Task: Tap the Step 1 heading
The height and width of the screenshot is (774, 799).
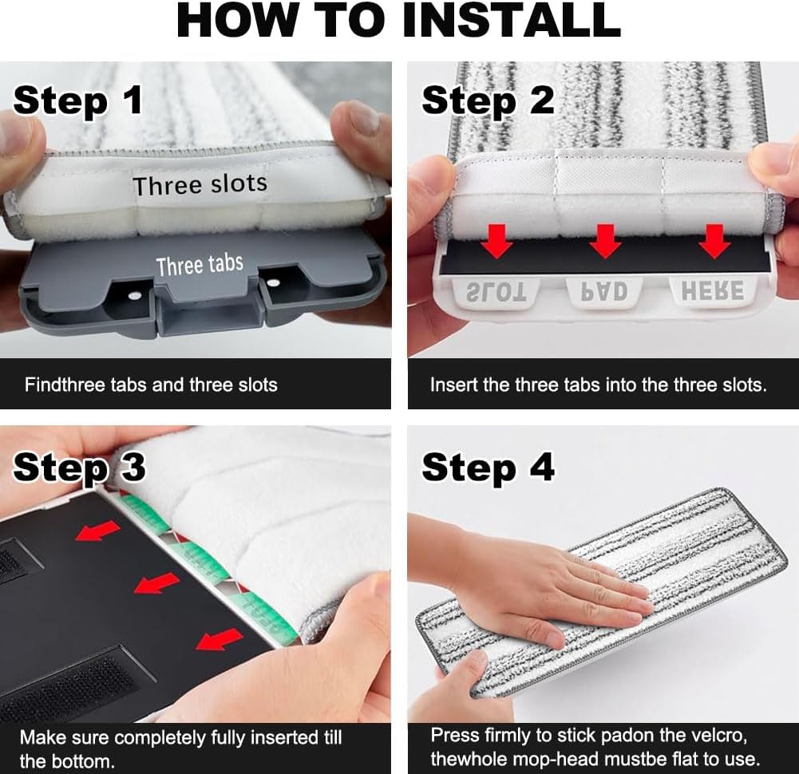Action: (78, 101)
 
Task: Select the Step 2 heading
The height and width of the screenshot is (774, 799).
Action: (488, 101)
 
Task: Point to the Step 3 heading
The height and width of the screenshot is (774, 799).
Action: (80, 468)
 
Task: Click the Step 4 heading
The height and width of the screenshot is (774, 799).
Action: (488, 468)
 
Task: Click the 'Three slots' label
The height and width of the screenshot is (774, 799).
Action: (200, 184)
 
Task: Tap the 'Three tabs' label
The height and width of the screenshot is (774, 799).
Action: (200, 265)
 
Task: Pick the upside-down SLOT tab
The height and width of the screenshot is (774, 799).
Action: (496, 292)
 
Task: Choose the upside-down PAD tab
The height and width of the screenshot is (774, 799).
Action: (604, 292)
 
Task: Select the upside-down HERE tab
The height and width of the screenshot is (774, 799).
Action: (713, 291)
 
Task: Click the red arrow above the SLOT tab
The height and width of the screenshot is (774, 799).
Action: (496, 241)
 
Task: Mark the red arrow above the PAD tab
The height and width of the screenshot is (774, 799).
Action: (605, 241)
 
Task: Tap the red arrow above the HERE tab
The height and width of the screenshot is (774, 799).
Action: (714, 241)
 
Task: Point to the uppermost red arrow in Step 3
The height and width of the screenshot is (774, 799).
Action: (97, 531)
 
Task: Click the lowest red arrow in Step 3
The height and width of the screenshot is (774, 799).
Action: (220, 639)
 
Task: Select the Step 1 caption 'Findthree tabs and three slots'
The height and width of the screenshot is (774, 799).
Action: (151, 385)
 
